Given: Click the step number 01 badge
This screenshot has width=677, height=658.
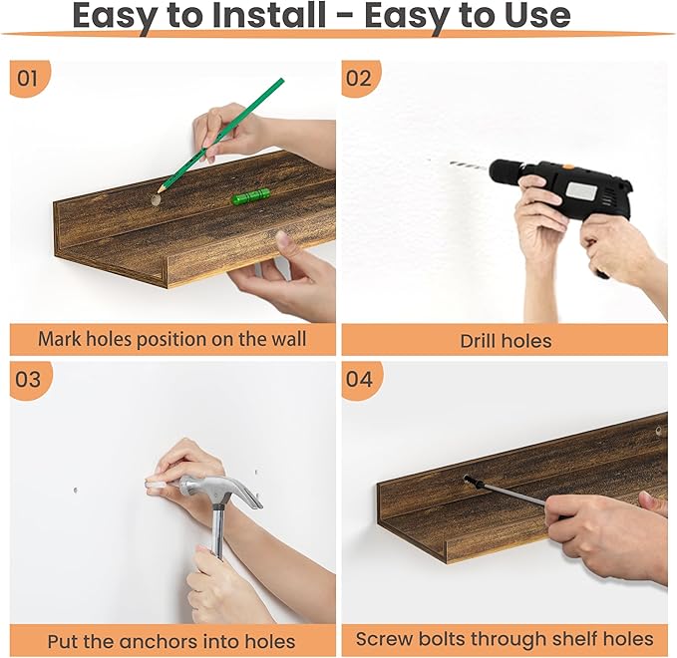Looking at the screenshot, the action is coord(29,78).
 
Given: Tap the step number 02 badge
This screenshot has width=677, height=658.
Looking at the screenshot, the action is coord(360,78).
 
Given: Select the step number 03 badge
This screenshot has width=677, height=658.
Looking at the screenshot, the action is coord(30,380).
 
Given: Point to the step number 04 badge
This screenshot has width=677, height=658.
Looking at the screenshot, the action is coord(361,380).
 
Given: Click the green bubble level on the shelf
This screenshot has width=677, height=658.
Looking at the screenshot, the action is coord(251,196).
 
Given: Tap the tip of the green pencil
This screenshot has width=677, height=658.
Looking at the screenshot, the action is coord(159,190).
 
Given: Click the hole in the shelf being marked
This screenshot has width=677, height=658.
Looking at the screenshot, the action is coord(155,200).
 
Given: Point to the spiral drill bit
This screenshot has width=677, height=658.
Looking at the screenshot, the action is coord(470,164).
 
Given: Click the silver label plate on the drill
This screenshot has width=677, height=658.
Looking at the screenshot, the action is coord(580,190).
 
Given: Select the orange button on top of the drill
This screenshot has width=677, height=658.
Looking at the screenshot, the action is coord(567,166).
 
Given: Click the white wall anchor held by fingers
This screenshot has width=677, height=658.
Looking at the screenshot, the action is coord(155,486).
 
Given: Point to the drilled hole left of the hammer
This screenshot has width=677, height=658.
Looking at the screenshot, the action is coord(76,491).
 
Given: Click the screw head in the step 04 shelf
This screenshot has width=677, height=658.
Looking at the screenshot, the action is coord(467,479).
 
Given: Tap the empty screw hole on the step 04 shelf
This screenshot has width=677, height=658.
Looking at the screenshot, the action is coord(658,430).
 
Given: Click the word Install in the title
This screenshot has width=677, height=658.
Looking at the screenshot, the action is coord(269,15).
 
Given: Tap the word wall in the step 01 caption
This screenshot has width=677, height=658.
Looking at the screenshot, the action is coord(289,338).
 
